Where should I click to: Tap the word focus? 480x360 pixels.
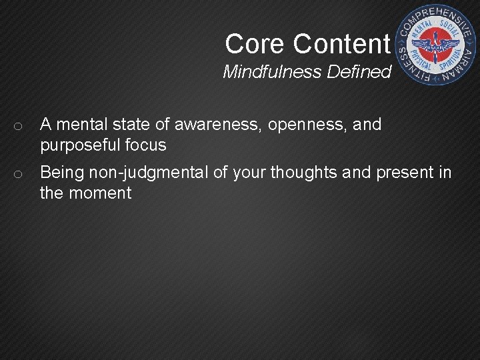pos(147,145)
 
